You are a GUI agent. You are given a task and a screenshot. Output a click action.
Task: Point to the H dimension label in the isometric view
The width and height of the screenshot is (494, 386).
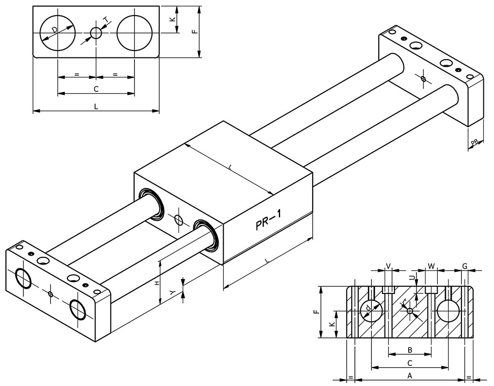pyautogui.click(x=157, y=283)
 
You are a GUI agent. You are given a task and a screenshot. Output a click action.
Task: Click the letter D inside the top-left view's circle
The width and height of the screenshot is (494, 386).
pyautogui.click(x=55, y=30)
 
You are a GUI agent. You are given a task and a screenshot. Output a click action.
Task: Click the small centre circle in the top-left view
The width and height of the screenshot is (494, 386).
pyautogui.click(x=96, y=33)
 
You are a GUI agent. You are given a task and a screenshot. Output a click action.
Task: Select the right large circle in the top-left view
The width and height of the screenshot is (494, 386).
pyautogui.click(x=135, y=33)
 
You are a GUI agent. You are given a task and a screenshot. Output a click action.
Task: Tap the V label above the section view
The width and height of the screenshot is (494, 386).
pyautogui.click(x=388, y=266)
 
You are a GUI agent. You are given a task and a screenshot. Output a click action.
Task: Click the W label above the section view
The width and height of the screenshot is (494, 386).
pyautogui.click(x=431, y=266)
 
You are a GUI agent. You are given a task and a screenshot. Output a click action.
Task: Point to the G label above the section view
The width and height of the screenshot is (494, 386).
pyautogui.click(x=465, y=266)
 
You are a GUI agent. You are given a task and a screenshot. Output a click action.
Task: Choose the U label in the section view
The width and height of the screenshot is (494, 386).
pyautogui.click(x=412, y=277)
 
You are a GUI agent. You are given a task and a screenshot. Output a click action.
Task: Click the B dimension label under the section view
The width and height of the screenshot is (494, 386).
pyautogui.click(x=410, y=350)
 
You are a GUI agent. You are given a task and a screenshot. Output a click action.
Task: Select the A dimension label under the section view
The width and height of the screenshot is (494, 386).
pyautogui.click(x=410, y=376)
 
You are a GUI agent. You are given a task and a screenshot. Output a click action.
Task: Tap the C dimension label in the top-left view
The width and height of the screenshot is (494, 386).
pyautogui.click(x=96, y=89)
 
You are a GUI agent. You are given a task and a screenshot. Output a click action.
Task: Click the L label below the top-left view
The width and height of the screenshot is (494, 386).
pyautogui.click(x=96, y=106)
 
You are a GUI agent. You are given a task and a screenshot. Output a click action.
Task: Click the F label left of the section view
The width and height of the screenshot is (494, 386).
pyautogui.click(x=316, y=312)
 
